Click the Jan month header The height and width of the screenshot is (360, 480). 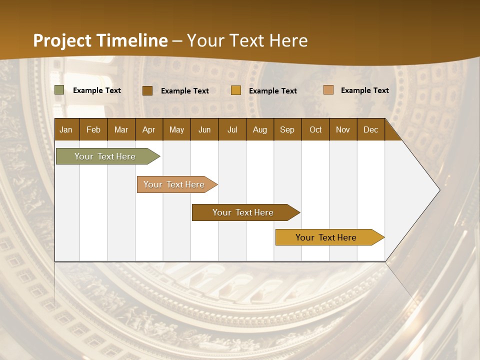coord(66,129)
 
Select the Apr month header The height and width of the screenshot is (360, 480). coord(148,129)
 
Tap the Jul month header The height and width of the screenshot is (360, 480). coord(232,129)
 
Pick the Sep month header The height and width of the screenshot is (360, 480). coord(287,129)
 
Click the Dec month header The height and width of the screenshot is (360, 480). coord(370,129)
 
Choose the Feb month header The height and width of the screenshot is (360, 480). coord(93,129)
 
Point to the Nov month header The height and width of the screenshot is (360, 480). coord(342,129)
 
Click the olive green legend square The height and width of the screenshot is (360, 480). coord(59,90)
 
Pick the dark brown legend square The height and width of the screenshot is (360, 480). coord(147,90)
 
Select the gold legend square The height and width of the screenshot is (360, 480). coord(235,90)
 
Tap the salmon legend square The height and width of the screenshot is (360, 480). coord(328,90)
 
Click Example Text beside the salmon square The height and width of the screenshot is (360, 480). coord(364,90)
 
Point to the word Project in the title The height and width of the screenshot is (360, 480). coord(62,40)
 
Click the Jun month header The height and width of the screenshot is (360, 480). coord(204,129)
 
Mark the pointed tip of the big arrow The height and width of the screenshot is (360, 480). coord(439,190)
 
